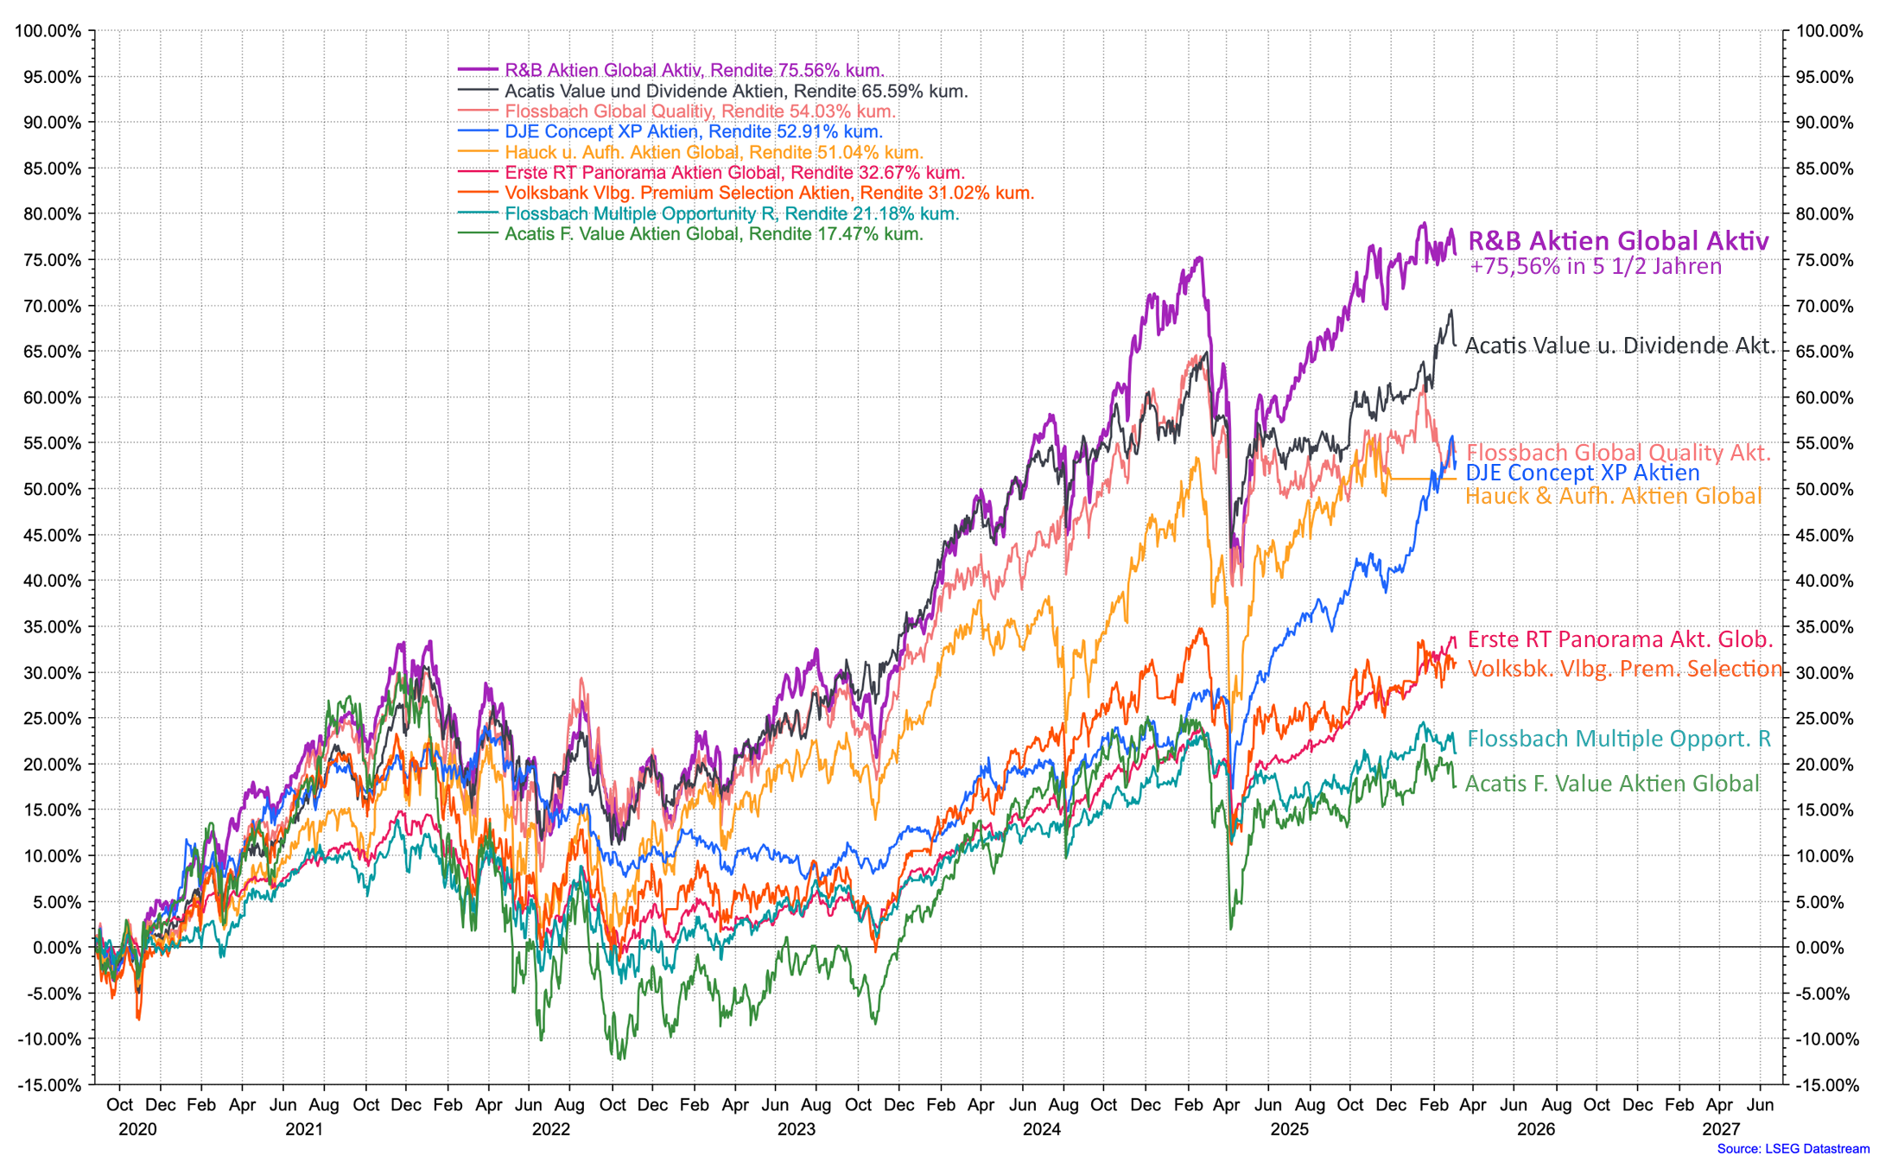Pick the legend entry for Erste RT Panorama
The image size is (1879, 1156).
pos(734,173)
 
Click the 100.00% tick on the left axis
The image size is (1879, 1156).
pos(48,32)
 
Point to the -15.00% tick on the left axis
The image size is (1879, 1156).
pos(48,1085)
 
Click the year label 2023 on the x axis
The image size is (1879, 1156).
pos(796,1129)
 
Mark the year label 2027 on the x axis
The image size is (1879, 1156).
pos(1721,1129)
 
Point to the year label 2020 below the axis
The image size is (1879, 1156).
pos(137,1129)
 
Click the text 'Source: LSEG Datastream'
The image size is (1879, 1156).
pos(1793,1148)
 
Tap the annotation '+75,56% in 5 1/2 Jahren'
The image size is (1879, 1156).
pos(1595,266)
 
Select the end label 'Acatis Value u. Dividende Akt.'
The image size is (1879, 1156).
pos(1620,346)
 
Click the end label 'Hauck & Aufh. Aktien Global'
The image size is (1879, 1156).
pos(1613,496)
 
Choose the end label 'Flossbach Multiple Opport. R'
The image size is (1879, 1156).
pos(1618,739)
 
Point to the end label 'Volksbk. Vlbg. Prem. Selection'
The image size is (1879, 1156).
pos(1624,669)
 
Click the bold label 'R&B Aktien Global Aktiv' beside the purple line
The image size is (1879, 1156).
pos(1618,241)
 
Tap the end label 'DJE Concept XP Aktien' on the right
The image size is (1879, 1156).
pos(1583,473)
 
